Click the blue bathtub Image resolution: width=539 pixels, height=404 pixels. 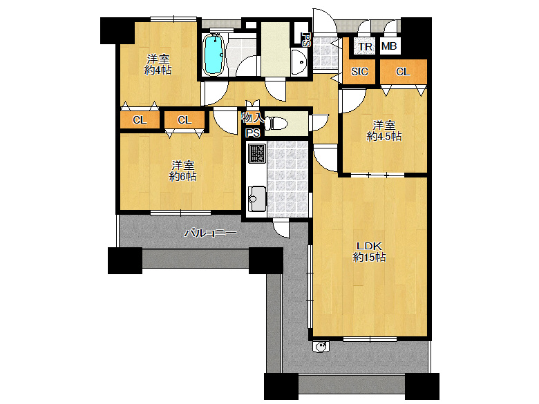tap(214, 55)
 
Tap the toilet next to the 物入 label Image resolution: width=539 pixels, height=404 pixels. tap(276, 124)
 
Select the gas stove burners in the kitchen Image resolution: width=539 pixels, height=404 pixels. tap(257, 153)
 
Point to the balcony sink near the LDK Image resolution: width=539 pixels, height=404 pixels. tap(321, 346)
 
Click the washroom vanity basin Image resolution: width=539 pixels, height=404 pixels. tap(299, 62)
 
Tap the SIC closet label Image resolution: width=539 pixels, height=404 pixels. tap(359, 71)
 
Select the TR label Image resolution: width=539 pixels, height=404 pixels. tap(365, 46)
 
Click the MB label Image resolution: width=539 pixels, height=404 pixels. tap(389, 46)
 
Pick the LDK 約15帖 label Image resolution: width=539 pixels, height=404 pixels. tap(369, 251)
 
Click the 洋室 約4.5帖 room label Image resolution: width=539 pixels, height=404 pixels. tap(384, 131)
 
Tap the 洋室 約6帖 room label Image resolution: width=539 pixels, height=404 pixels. tap(183, 171)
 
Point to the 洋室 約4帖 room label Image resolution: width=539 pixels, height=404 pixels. tap(158, 65)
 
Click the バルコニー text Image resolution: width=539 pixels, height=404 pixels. tap(210, 233)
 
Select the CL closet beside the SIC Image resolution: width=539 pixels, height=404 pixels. tap(404, 71)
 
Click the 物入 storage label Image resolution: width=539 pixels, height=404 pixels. tap(253, 118)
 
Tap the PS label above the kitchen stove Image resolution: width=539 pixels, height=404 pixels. tap(253, 133)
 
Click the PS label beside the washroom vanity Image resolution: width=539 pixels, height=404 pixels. tap(305, 39)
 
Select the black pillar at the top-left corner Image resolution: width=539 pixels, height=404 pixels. tap(117, 30)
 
